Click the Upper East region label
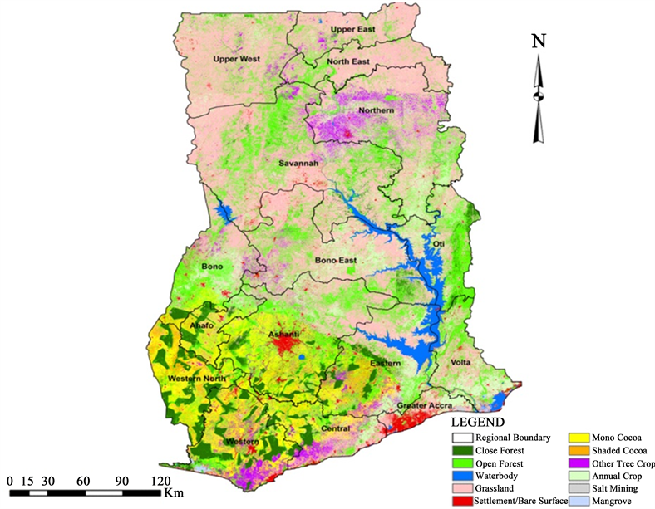353,30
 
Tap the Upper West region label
237,60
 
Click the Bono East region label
335,261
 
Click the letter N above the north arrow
539,41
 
